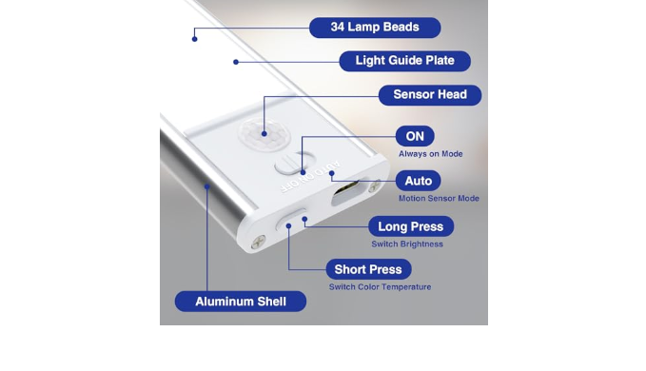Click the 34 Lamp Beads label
click(375, 28)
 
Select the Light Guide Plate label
click(404, 61)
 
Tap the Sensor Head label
click(430, 95)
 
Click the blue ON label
click(415, 136)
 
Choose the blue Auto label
click(419, 181)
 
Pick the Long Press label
click(411, 226)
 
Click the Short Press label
click(368, 269)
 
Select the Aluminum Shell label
click(241, 302)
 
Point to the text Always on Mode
click(431, 154)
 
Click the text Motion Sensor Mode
click(439, 199)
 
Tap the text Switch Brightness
click(407, 244)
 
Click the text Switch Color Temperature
click(380, 287)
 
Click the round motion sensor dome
click(264, 134)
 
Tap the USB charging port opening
click(346, 192)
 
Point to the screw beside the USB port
click(374, 186)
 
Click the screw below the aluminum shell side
click(259, 242)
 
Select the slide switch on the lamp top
click(295, 163)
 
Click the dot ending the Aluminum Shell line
click(207, 186)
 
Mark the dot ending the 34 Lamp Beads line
click(194, 39)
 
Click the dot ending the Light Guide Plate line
click(236, 62)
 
